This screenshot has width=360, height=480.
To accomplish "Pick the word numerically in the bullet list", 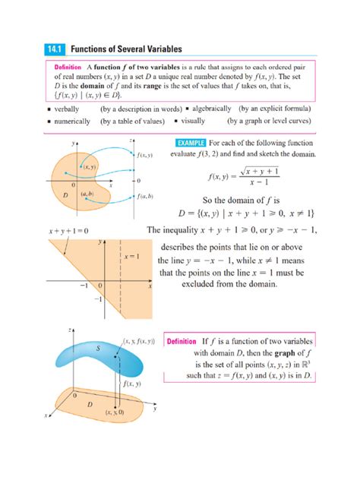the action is coord(72,121).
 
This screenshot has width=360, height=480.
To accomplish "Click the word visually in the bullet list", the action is coord(195,121).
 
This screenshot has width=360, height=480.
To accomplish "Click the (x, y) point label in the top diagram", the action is coord(90,166).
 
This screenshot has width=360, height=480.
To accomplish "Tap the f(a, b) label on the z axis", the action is coord(148,197).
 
